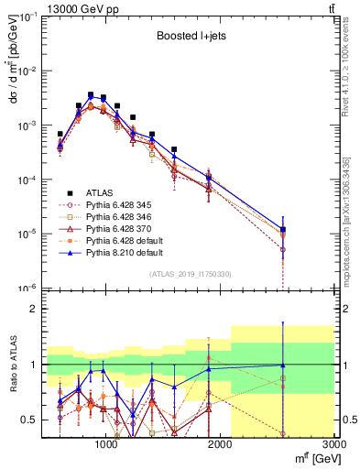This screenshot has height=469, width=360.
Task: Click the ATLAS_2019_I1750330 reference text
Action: pos(190,274)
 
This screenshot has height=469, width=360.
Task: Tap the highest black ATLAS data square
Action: pos(91,94)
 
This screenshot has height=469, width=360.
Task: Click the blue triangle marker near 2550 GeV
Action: pos(283,230)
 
